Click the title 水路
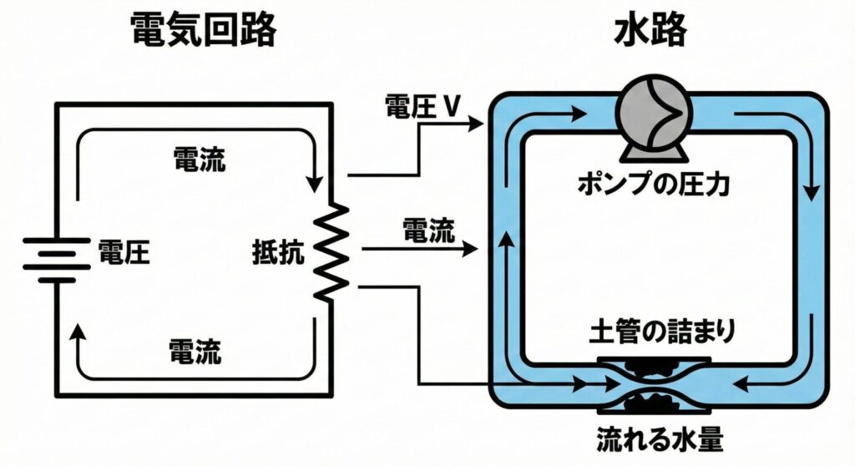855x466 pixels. [650, 32]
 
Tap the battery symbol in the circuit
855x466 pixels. [55, 259]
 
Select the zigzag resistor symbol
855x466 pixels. [331, 252]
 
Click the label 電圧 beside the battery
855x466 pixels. [124, 251]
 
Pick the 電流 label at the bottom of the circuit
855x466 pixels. [195, 352]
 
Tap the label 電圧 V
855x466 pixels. [422, 106]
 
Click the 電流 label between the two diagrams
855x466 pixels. [429, 230]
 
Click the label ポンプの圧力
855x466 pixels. [655, 184]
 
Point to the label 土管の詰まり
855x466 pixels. [655, 332]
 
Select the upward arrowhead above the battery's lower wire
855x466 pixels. [79, 333]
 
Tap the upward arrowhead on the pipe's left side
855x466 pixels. [504, 241]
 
